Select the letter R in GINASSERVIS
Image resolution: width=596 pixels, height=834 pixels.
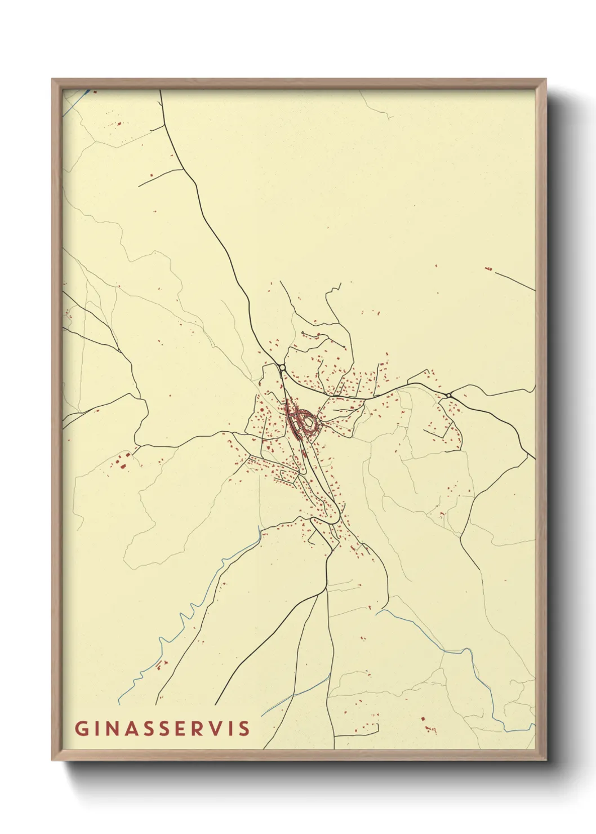[195, 728]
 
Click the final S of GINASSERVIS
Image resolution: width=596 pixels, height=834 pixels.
[244, 728]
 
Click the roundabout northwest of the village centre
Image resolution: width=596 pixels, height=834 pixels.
[282, 368]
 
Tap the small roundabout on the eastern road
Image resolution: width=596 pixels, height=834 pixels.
[448, 396]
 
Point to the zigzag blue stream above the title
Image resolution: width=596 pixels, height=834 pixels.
[186, 614]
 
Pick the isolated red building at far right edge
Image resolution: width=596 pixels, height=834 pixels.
[488, 269]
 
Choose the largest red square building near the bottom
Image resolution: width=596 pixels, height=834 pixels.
[422, 719]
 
